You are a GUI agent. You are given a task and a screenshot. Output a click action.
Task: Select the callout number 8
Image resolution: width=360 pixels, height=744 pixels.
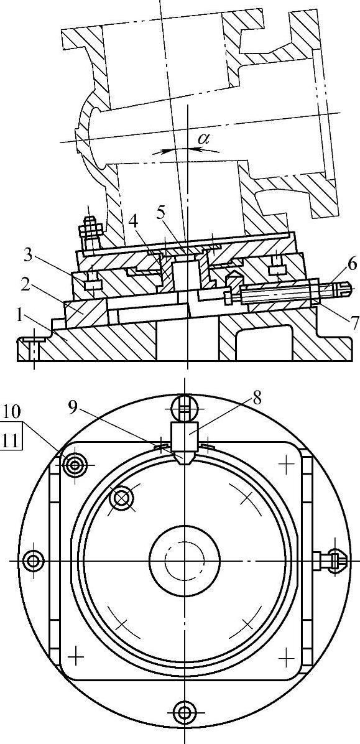pyautogui.click(x=257, y=398)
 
